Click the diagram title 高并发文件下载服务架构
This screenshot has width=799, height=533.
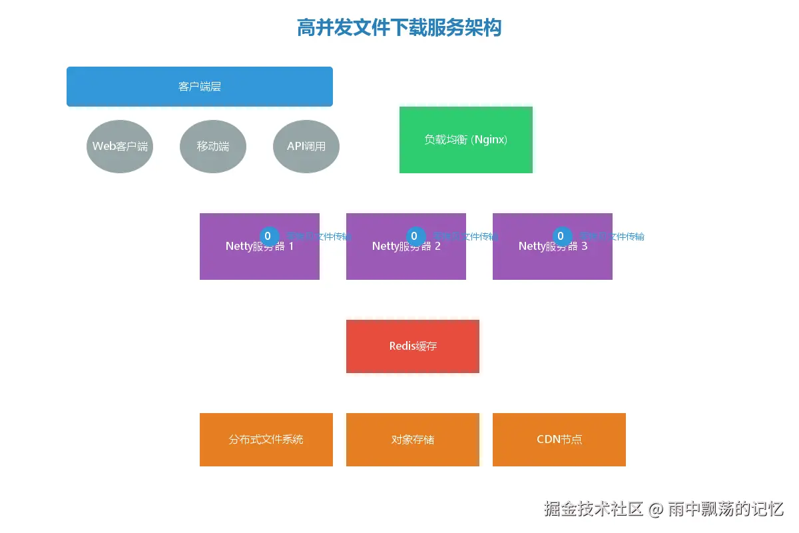(399, 28)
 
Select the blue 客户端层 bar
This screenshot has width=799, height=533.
(200, 87)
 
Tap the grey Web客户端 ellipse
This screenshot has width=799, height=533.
(120, 147)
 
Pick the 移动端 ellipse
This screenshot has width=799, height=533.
(213, 147)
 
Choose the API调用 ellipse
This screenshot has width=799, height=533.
(306, 147)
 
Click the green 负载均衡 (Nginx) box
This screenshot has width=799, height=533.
(466, 140)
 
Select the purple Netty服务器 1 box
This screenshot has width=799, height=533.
(260, 260)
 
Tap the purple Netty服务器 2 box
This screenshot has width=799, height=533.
(406, 260)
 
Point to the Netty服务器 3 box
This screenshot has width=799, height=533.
(553, 260)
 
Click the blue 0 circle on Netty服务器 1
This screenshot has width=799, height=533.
(270, 236)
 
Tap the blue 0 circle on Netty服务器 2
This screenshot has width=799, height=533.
(416, 236)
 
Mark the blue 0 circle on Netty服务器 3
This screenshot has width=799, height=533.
(563, 236)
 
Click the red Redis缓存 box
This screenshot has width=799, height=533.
(413, 346)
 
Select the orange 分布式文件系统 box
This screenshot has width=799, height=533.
(266, 440)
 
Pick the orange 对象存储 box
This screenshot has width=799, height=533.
(413, 440)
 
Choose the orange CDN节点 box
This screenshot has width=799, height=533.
(559, 440)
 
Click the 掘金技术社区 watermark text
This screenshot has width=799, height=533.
(593, 509)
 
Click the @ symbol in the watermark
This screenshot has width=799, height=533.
(656, 510)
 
